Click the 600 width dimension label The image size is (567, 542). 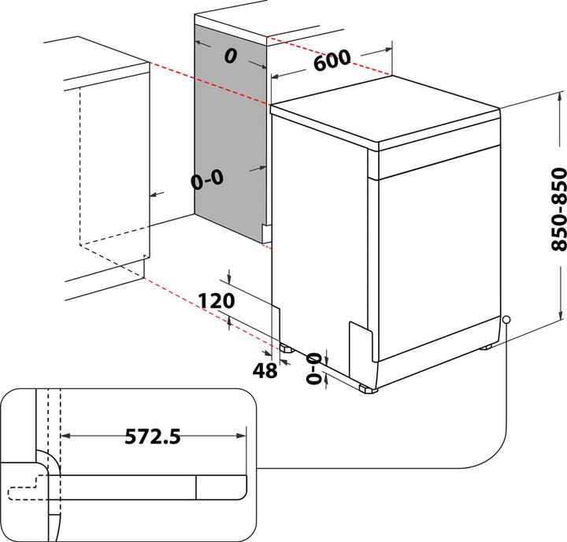pyautogui.click(x=331, y=60)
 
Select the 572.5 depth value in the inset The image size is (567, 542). pyautogui.click(x=152, y=436)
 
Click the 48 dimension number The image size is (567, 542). pyautogui.click(x=267, y=369)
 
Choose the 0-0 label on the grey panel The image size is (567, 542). pyautogui.click(x=207, y=180)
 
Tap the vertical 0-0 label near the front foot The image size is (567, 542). pyautogui.click(x=314, y=368)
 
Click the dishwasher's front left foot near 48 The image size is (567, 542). pyautogui.click(x=283, y=346)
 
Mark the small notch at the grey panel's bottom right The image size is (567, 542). pyautogui.click(x=266, y=229)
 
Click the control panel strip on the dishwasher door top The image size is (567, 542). pyautogui.click(x=433, y=161)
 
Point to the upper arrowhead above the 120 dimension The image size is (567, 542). pyautogui.click(x=228, y=279)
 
